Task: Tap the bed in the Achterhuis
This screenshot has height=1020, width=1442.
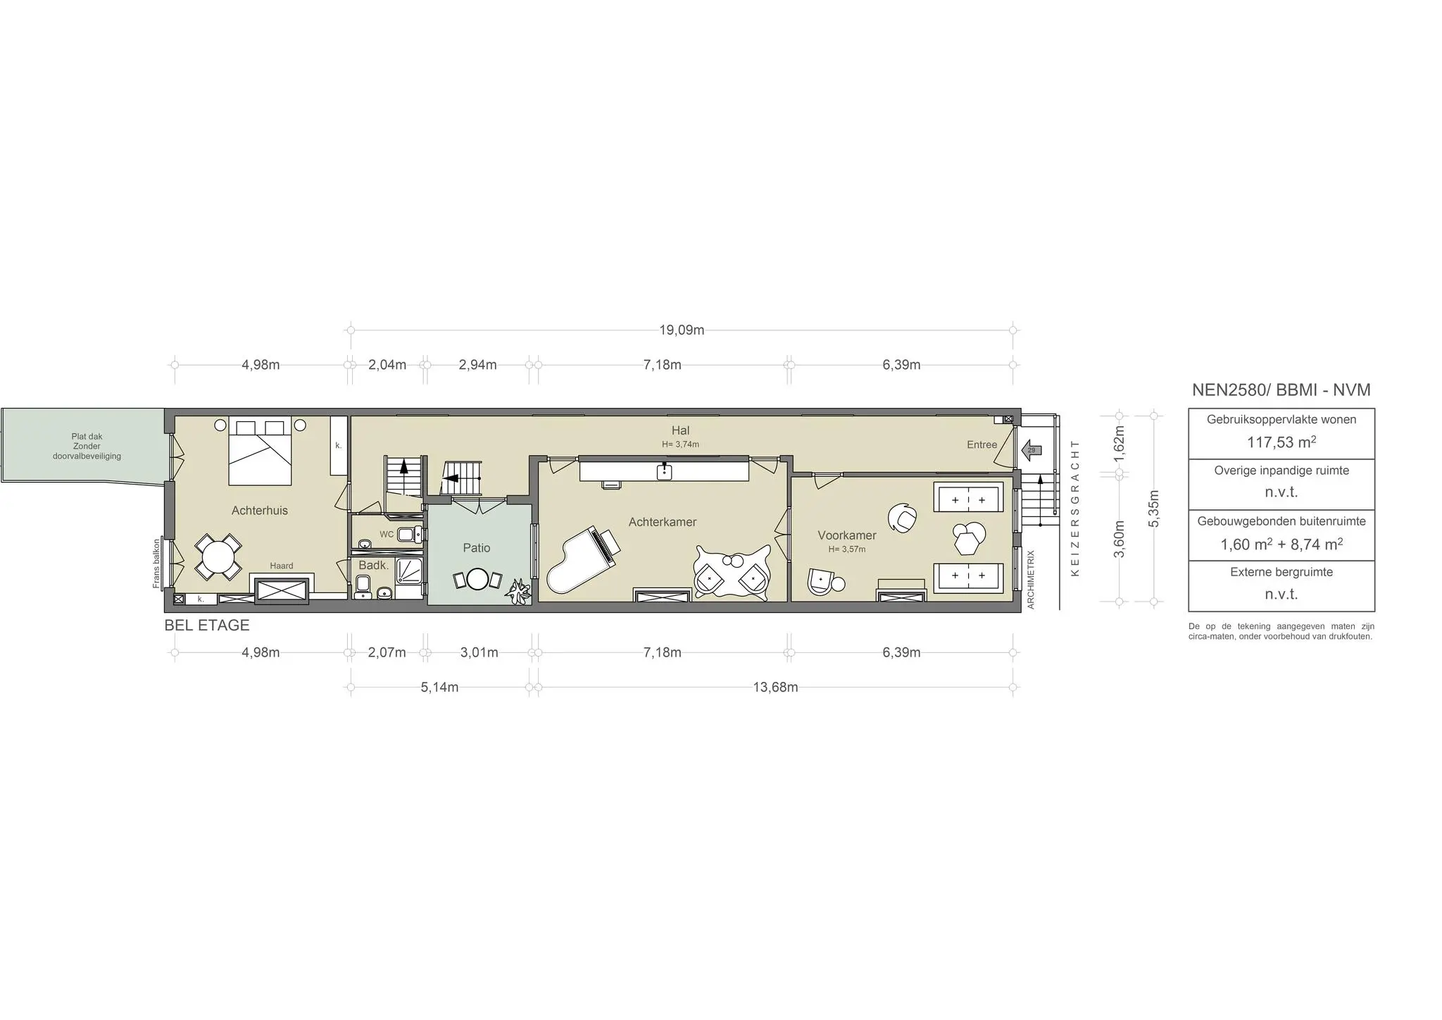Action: (x=260, y=452)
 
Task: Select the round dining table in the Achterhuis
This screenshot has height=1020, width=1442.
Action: (x=218, y=556)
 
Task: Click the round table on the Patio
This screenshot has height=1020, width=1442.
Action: (x=477, y=579)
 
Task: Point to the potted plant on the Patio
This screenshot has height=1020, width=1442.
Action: (x=520, y=591)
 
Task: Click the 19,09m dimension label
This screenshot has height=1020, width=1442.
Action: (x=682, y=330)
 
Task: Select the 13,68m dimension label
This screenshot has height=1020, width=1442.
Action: (x=775, y=688)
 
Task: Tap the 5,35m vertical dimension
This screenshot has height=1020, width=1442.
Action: (x=1153, y=508)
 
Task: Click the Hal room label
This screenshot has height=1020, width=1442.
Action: (x=680, y=430)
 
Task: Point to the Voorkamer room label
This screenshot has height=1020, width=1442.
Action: (x=846, y=535)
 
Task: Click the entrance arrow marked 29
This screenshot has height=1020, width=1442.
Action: (x=1031, y=450)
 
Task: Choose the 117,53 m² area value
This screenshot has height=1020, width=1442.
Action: (x=1281, y=442)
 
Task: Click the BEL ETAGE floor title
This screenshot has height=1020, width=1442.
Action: (x=207, y=626)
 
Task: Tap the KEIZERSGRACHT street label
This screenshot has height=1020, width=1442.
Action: (x=1074, y=508)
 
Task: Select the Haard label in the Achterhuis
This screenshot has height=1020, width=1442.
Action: (x=281, y=566)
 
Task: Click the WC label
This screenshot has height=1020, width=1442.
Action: (x=387, y=535)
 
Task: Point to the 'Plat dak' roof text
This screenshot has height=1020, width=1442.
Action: (x=87, y=437)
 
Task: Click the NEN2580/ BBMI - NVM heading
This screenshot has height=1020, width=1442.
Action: (x=1281, y=390)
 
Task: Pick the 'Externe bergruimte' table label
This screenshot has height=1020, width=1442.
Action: (x=1281, y=572)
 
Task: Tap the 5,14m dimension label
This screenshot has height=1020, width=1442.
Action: (x=439, y=688)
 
